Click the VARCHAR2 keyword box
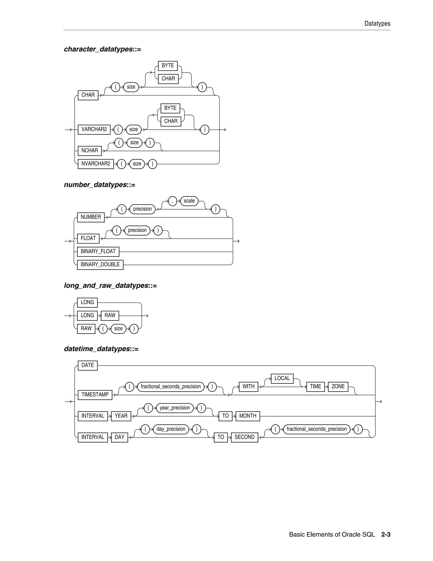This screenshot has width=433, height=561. [94, 130]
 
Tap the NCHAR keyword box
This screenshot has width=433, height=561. [89, 151]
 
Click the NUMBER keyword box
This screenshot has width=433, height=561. [90, 217]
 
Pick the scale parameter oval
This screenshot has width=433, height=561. [189, 201]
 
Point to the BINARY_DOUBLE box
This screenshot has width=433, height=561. [100, 265]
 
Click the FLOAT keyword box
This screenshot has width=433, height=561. [88, 238]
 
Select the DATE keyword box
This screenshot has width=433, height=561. [88, 365]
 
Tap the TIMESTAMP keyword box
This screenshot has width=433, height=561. [95, 395]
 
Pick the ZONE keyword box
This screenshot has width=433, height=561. [338, 387]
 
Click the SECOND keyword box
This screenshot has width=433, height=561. [244, 437]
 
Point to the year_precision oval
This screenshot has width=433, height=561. [175, 408]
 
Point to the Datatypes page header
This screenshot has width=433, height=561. [377, 24]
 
